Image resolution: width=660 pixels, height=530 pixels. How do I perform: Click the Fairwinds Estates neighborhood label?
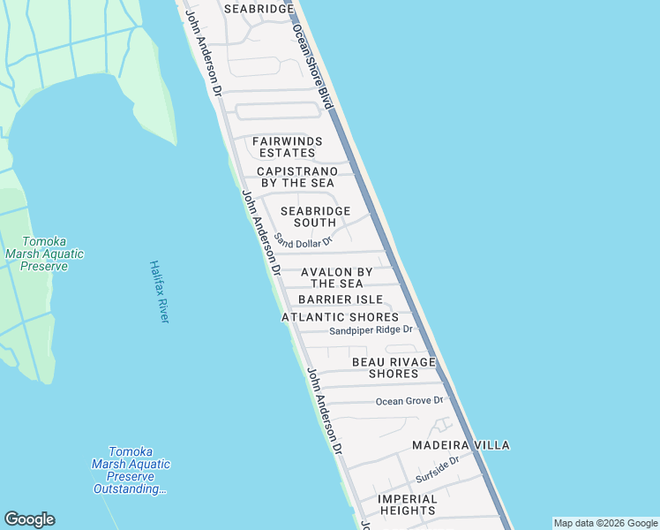pyautogui.click(x=287, y=147)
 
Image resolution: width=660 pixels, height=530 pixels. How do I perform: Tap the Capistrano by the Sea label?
pyautogui.click(x=297, y=177)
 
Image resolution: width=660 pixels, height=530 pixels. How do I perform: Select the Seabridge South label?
pyautogui.click(x=315, y=216)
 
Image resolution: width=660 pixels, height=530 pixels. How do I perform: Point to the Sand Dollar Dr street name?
pyautogui.click(x=303, y=240)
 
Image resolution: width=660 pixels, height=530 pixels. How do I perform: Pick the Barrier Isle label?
pyautogui.click(x=340, y=300)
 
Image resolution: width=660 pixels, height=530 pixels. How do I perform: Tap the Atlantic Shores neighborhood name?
pyautogui.click(x=340, y=317)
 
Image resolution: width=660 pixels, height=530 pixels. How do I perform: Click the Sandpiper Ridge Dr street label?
pyautogui.click(x=371, y=330)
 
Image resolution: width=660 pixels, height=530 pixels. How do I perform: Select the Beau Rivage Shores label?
pyautogui.click(x=394, y=367)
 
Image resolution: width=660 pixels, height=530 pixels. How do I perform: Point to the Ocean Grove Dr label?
pyautogui.click(x=409, y=401)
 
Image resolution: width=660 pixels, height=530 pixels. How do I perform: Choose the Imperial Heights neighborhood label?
pyautogui.click(x=407, y=504)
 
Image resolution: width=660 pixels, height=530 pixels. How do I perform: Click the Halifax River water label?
pyautogui.click(x=158, y=291)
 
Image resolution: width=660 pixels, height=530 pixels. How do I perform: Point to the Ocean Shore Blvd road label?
pyautogui.click(x=314, y=66)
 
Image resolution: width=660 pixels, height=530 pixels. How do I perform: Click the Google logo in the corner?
pyautogui.click(x=29, y=519)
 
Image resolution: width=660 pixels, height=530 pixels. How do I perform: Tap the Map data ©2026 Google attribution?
pyautogui.click(x=605, y=523)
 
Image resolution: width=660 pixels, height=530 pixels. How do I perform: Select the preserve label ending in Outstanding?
pyautogui.click(x=131, y=470)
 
